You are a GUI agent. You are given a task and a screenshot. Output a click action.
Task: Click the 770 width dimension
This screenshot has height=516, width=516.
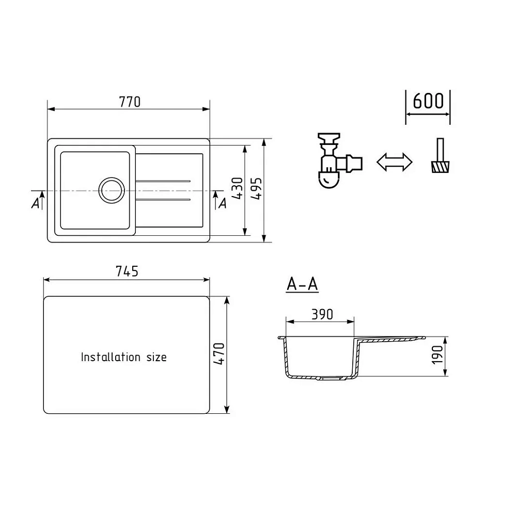(130, 102)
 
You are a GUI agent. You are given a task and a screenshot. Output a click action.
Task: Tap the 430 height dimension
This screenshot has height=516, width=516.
(238, 188)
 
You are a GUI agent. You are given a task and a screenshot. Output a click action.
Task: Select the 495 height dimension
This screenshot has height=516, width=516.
(256, 188)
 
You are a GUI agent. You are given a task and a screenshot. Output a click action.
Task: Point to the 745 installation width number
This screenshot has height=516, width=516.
(127, 271)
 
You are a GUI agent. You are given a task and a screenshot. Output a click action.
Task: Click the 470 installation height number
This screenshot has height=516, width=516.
(219, 354)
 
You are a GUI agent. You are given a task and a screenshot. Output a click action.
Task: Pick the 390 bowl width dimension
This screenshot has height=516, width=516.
(322, 315)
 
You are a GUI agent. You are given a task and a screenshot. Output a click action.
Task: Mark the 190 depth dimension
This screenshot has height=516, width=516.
(437, 356)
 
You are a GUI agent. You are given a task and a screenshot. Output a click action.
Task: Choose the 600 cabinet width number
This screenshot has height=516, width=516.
(428, 101)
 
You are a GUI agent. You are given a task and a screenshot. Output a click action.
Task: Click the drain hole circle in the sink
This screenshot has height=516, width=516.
(112, 190)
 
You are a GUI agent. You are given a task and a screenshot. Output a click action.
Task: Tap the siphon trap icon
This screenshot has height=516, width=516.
(339, 160)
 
